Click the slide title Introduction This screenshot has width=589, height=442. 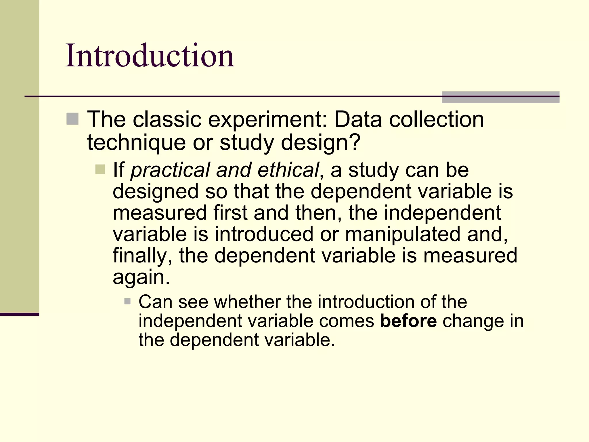(x=150, y=55)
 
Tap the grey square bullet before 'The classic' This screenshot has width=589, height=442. (x=72, y=119)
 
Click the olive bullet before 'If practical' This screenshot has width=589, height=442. (x=100, y=169)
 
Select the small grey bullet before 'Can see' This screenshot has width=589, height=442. (x=127, y=302)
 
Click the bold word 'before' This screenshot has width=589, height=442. (x=408, y=321)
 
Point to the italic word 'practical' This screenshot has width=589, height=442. (x=170, y=170)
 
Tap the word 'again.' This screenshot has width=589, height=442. (x=141, y=277)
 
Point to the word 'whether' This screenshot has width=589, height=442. (x=247, y=302)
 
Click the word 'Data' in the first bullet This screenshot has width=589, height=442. (x=358, y=119)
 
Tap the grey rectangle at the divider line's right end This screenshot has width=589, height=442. (x=500, y=97)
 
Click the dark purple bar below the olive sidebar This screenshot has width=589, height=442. (x=19, y=314)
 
